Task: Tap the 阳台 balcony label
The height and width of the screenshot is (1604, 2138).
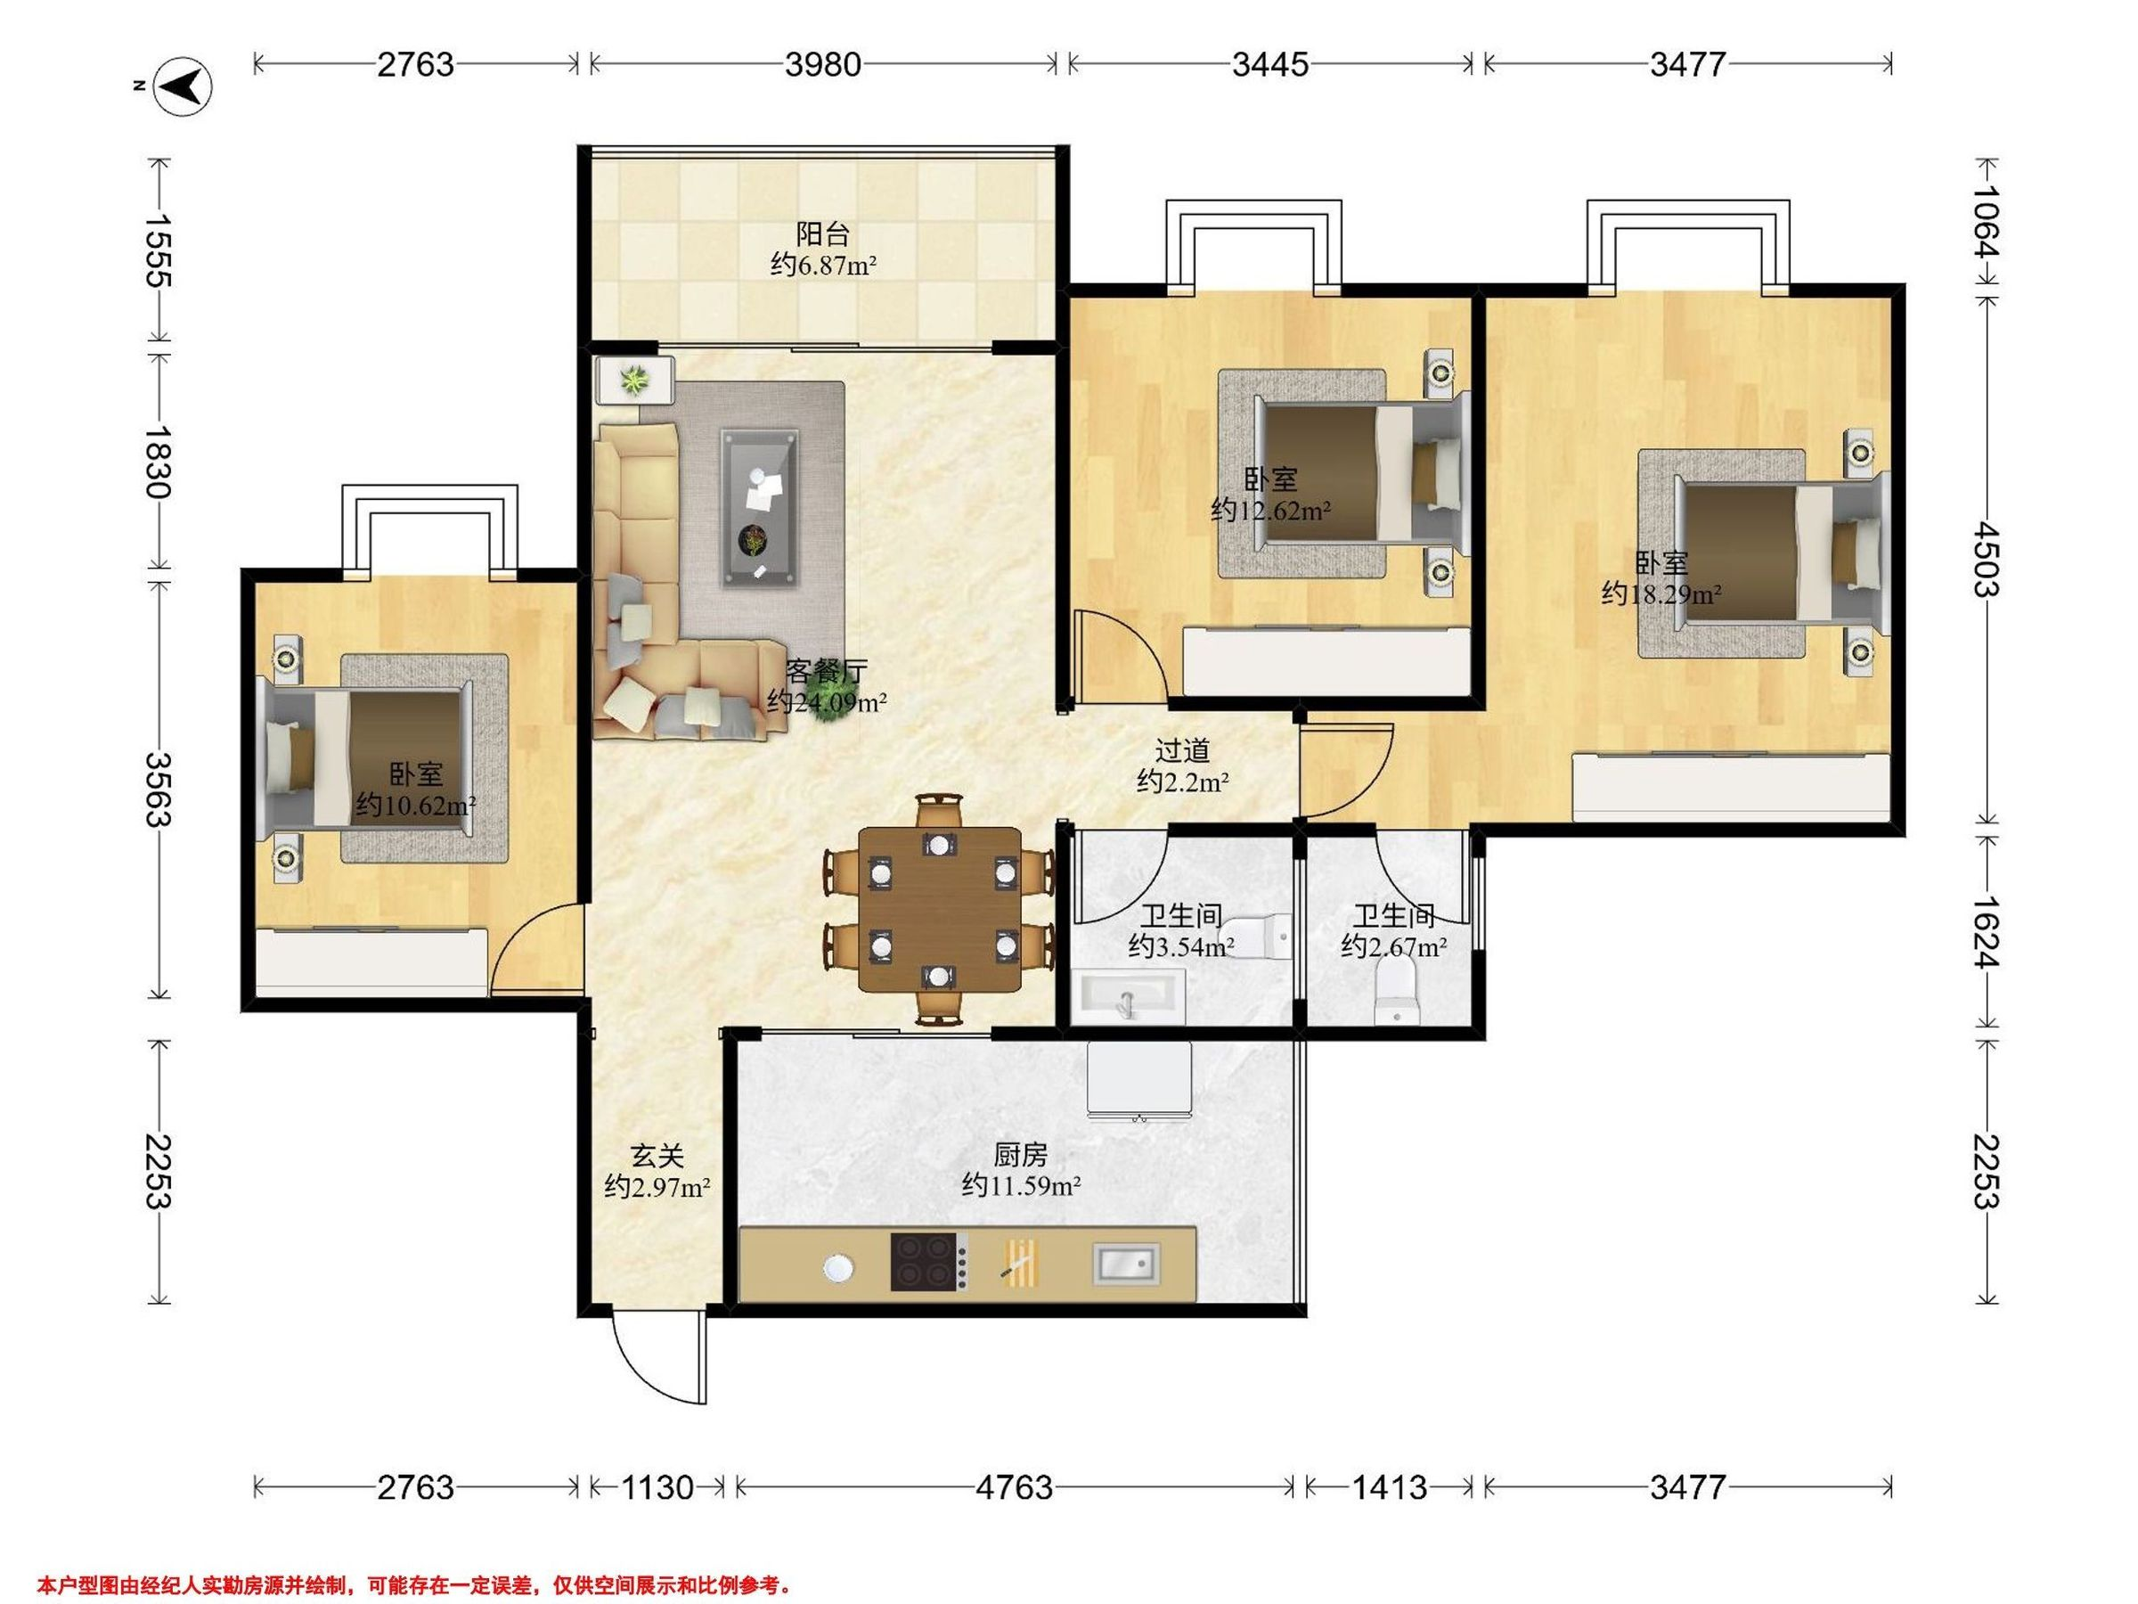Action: pyautogui.click(x=823, y=234)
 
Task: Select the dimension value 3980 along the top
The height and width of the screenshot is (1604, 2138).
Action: pyautogui.click(x=822, y=65)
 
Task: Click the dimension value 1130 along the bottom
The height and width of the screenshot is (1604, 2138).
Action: pyautogui.click(x=657, y=1486)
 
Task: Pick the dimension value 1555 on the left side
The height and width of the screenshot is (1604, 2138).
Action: pyautogui.click(x=158, y=250)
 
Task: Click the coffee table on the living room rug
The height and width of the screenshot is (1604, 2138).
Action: pyautogui.click(x=760, y=509)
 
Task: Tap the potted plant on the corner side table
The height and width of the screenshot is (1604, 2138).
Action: pyautogui.click(x=634, y=381)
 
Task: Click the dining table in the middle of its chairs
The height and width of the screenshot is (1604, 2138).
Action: pyautogui.click(x=940, y=909)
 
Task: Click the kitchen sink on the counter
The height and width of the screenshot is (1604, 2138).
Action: pyautogui.click(x=1126, y=1264)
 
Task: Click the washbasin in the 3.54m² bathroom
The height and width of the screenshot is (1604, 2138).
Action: pyautogui.click(x=1127, y=998)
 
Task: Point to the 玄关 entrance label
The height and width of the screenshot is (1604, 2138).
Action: pyautogui.click(x=657, y=1156)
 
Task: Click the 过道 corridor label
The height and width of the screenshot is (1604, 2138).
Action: pyautogui.click(x=1182, y=750)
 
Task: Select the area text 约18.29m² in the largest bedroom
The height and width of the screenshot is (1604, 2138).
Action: pyautogui.click(x=1661, y=593)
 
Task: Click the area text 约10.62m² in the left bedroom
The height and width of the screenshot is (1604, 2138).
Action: pyautogui.click(x=416, y=805)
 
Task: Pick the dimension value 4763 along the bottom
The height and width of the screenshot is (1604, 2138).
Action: pyautogui.click(x=1014, y=1486)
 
